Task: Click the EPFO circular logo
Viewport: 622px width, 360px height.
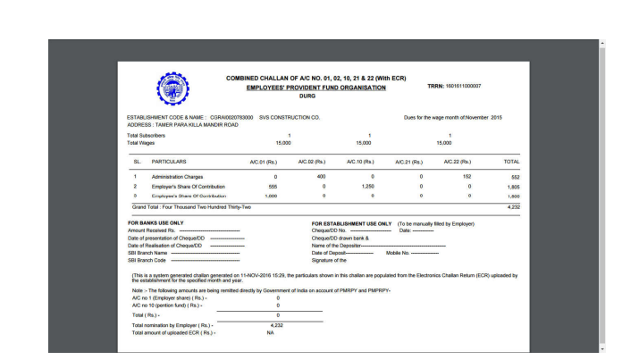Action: coord(172,89)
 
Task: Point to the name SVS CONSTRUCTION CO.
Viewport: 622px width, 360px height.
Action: coord(290,117)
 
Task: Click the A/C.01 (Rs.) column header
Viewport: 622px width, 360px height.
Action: coord(265,162)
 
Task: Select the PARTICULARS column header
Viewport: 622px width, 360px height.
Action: coord(169,162)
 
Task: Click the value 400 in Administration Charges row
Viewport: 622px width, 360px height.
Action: coord(321,177)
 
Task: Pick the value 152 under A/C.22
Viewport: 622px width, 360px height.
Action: coord(466,177)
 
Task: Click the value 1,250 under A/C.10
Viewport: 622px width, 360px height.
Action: coord(366,186)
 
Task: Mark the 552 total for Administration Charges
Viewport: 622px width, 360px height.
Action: coord(515,177)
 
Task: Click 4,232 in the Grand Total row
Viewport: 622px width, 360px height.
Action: coord(513,206)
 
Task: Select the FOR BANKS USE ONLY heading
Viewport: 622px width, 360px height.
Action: coord(155,223)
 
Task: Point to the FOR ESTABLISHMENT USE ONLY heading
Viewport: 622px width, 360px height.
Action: coord(351,223)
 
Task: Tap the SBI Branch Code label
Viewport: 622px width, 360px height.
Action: coord(149,260)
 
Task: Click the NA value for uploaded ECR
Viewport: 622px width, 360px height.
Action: coord(269,332)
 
